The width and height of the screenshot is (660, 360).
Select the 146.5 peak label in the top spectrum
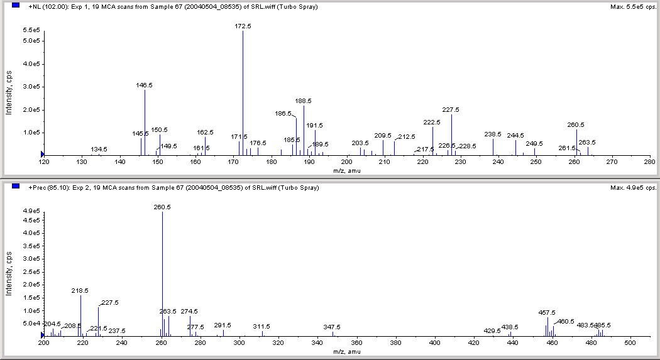(x=145, y=85)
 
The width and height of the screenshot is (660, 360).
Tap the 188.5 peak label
(x=304, y=101)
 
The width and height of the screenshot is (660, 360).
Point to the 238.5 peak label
(x=493, y=134)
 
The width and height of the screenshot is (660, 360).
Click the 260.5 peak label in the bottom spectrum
(x=162, y=207)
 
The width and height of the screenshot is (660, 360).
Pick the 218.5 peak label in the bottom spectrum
(x=80, y=290)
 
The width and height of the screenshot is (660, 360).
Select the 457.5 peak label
(x=547, y=312)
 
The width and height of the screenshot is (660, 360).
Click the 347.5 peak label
(x=332, y=327)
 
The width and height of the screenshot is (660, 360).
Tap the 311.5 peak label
(x=261, y=327)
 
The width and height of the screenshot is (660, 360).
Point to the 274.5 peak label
(x=189, y=311)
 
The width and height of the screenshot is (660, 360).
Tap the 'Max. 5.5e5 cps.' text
(x=633, y=7)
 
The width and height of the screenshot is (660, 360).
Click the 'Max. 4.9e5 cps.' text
(x=633, y=187)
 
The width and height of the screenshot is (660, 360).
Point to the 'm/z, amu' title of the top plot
(x=343, y=169)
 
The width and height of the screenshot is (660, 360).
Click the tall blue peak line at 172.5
(x=243, y=94)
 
